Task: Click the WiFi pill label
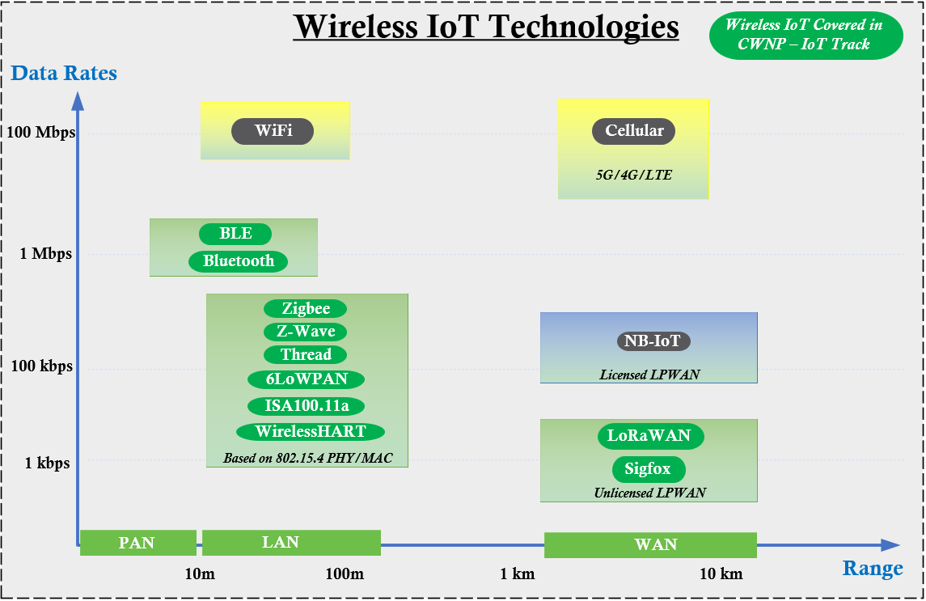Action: point(273,131)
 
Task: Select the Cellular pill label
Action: point(633,131)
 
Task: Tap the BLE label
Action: point(235,234)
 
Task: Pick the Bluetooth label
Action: point(239,261)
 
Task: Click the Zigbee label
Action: point(306,308)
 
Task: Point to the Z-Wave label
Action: point(306,332)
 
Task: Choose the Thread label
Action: point(306,355)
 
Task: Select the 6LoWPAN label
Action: point(306,379)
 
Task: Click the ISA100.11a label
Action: point(306,406)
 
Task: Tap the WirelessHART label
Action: point(311,432)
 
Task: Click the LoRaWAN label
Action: point(650,436)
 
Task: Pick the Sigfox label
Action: point(649,469)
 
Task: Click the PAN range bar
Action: point(137,543)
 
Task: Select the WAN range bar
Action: point(651,544)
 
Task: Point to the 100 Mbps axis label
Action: point(40,131)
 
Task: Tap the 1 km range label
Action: point(518,574)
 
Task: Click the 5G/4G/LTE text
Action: point(633,175)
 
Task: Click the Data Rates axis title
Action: point(64,74)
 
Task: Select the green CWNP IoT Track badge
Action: point(805,35)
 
